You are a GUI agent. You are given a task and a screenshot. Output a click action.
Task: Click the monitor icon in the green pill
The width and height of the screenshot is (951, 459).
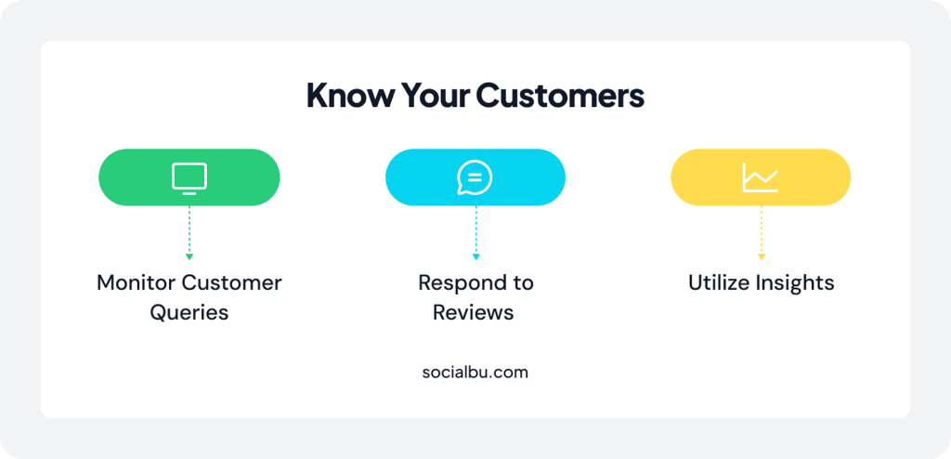(x=189, y=177)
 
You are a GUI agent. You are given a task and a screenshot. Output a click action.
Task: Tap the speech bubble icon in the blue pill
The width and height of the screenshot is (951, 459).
(x=475, y=177)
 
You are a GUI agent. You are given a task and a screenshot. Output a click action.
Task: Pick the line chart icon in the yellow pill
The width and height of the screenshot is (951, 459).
(x=760, y=177)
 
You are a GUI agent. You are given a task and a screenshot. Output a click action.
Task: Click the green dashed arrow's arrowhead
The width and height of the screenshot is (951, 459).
(x=189, y=256)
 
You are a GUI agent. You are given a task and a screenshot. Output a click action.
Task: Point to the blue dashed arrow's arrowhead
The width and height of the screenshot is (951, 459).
(x=475, y=256)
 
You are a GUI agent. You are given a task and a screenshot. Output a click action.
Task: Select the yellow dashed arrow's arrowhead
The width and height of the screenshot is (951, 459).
(x=761, y=256)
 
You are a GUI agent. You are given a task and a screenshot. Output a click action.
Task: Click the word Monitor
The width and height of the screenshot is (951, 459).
(x=136, y=282)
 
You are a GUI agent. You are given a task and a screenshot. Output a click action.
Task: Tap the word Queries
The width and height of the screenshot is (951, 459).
(x=189, y=312)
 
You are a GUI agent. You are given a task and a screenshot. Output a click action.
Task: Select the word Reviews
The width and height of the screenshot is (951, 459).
(x=474, y=312)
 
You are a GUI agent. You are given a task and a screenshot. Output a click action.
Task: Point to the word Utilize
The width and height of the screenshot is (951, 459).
(x=721, y=282)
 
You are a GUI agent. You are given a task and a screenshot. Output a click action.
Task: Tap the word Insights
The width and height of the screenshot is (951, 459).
(x=797, y=282)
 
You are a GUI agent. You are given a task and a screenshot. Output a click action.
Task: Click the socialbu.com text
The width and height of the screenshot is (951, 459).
(x=475, y=372)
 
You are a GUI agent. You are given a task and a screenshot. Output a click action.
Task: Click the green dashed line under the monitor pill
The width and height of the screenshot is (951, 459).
(x=189, y=229)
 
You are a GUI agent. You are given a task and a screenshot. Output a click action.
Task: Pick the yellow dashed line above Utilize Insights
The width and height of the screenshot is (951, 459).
(x=761, y=229)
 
